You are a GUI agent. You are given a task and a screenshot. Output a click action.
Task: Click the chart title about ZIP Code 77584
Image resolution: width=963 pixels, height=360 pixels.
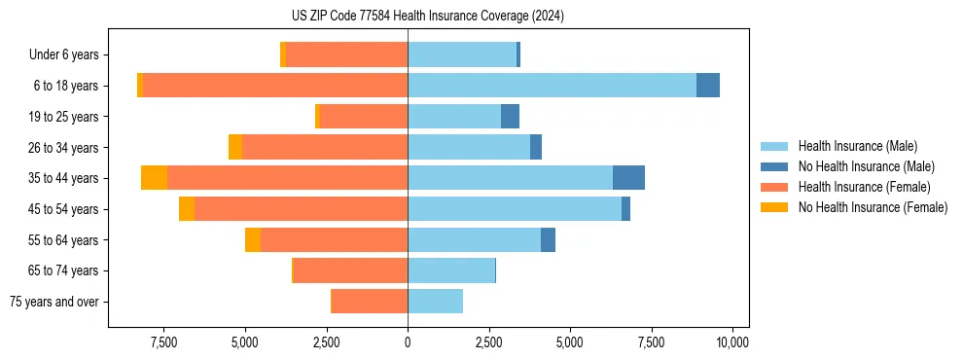(427, 16)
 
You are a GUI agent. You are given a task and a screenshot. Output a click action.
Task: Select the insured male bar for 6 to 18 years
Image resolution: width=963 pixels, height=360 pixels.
(552, 86)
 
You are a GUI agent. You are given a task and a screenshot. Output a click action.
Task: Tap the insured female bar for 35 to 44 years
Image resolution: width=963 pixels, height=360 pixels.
(287, 178)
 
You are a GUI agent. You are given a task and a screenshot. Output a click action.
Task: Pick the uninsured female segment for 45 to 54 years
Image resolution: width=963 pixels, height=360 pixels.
(187, 209)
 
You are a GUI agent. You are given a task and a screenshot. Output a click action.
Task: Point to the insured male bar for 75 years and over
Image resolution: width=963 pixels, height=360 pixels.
(435, 302)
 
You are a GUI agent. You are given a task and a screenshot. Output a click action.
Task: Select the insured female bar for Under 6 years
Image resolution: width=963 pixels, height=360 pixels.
(347, 54)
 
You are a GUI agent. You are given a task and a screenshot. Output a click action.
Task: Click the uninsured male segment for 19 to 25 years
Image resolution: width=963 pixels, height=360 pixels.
(510, 117)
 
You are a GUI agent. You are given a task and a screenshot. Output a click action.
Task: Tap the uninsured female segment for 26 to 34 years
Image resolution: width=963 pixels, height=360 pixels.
(235, 147)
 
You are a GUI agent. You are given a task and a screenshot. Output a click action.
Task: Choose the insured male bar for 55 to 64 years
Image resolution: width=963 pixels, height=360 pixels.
(474, 239)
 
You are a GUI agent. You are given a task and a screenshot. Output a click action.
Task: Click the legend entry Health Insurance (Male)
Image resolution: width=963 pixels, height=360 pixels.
(857, 146)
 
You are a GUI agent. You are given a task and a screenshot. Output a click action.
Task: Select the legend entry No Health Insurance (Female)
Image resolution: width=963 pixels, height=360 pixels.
(873, 207)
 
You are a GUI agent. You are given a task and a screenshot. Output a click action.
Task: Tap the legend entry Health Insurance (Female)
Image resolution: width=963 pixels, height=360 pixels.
(864, 187)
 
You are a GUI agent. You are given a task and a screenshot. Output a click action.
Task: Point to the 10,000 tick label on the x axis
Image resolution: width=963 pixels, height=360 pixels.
(732, 342)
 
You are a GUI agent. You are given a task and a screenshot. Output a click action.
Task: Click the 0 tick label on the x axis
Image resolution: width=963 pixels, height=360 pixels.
(408, 342)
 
